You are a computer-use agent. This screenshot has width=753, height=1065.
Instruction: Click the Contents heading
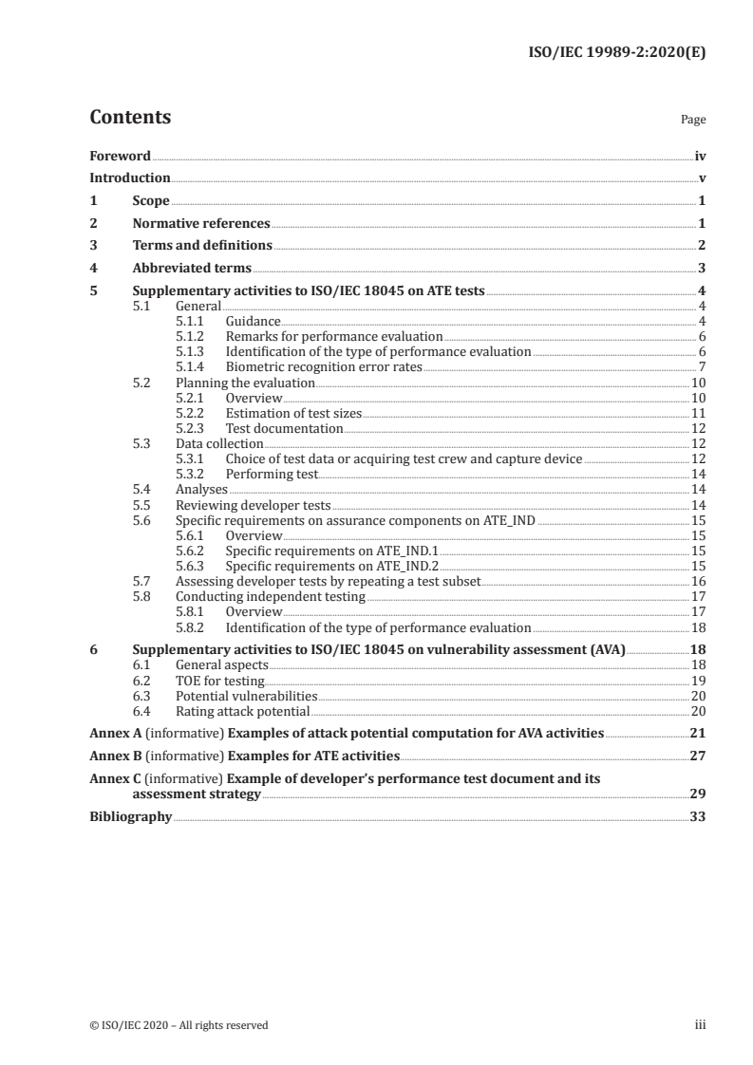click(x=130, y=118)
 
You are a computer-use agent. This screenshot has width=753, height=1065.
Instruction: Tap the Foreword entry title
click(x=120, y=155)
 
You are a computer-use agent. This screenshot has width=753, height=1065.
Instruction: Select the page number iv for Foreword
click(x=700, y=155)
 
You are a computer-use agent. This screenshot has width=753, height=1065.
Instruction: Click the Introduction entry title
click(x=129, y=177)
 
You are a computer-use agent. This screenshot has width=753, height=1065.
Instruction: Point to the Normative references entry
click(x=201, y=224)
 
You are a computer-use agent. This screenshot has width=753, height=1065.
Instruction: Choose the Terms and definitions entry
click(x=202, y=246)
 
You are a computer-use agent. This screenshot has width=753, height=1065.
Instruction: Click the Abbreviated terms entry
click(x=192, y=269)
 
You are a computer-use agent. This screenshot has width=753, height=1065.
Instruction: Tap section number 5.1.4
click(x=191, y=366)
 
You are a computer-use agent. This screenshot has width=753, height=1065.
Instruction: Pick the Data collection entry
click(x=219, y=443)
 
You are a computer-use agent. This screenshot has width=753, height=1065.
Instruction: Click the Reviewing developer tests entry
click(x=253, y=504)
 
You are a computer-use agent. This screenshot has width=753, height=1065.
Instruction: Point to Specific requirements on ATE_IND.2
click(x=331, y=566)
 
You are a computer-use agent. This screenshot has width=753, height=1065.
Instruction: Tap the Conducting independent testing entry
click(x=271, y=596)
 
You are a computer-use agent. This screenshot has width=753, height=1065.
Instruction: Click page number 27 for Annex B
click(x=697, y=757)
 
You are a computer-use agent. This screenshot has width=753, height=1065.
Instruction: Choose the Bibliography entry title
click(x=130, y=816)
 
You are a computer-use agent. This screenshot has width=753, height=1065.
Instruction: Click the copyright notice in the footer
click(x=179, y=1024)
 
